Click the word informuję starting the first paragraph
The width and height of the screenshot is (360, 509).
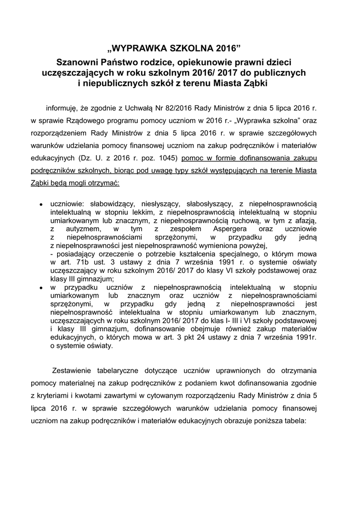tap(63, 107)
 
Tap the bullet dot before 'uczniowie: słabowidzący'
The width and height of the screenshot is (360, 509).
tap(41, 204)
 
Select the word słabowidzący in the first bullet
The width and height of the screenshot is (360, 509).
tap(110, 203)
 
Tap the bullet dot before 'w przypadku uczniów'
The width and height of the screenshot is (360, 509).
tap(41, 288)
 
